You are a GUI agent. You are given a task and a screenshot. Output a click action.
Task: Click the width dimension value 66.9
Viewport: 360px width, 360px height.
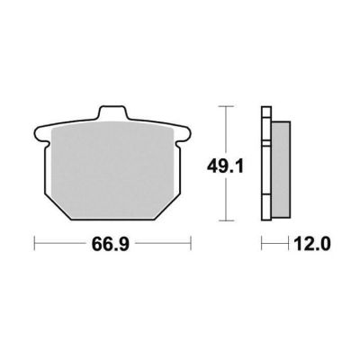click(111, 244)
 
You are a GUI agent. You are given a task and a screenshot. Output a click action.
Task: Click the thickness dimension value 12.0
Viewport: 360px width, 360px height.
click(312, 244)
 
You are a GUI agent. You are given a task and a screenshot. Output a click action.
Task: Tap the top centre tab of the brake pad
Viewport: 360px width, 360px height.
click(112, 112)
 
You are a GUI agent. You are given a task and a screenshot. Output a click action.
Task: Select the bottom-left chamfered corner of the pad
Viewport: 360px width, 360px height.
click(58, 208)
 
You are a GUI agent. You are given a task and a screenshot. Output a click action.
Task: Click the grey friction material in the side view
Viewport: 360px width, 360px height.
click(281, 169)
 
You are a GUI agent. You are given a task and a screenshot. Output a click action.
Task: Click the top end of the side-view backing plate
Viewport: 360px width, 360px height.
click(266, 107)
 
